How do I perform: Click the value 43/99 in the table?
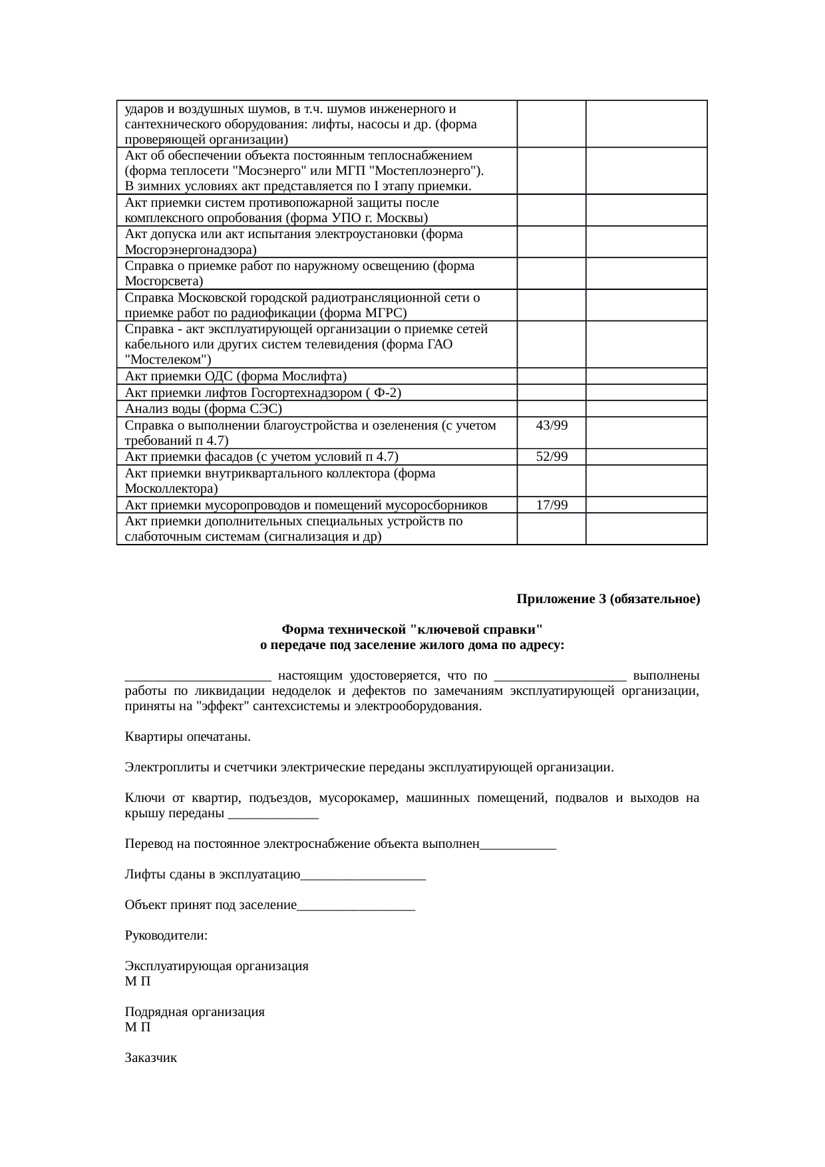pyautogui.click(x=552, y=426)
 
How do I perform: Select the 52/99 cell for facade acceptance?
pyautogui.click(x=552, y=457)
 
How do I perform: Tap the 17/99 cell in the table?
pyautogui.click(x=552, y=505)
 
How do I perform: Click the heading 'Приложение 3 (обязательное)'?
pyautogui.click(x=608, y=599)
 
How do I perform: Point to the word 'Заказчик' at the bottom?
pyautogui.click(x=151, y=1058)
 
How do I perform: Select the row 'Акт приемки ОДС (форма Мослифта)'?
pyautogui.click(x=235, y=376)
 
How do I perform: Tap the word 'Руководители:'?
pyautogui.click(x=166, y=936)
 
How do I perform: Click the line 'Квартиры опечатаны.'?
pyautogui.click(x=188, y=737)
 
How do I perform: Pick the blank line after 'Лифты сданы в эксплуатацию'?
pyautogui.click(x=363, y=876)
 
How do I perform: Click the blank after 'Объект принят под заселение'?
pyautogui.click(x=357, y=906)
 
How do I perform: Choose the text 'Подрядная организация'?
pyautogui.click(x=194, y=1012)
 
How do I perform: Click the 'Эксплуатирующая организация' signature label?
pyautogui.click(x=216, y=966)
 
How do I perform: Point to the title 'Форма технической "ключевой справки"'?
pyautogui.click(x=412, y=629)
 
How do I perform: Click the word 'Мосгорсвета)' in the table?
pyautogui.click(x=164, y=282)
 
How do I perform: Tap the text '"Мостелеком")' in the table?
pyautogui.click(x=168, y=360)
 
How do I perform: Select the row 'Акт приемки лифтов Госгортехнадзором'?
pyautogui.click(x=263, y=393)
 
